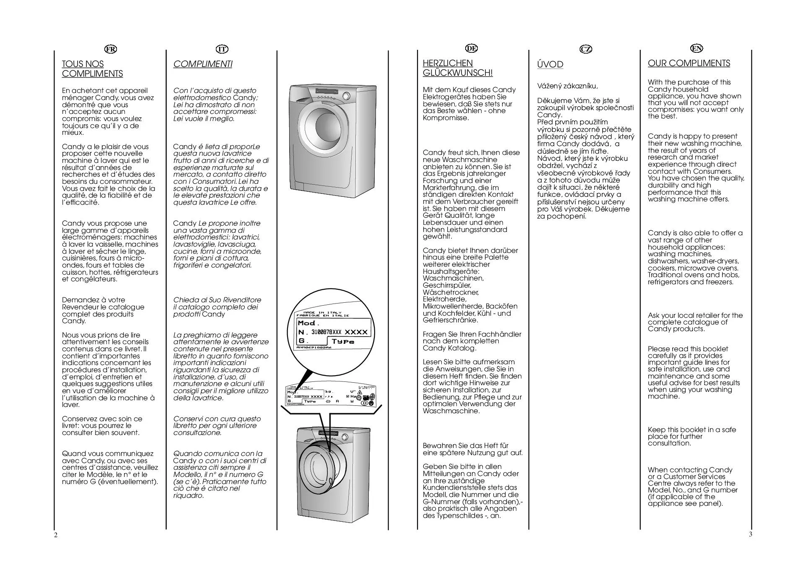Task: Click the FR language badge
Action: coord(111,49)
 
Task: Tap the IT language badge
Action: coord(222,49)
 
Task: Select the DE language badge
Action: coord(472,48)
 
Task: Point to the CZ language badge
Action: coord(586,49)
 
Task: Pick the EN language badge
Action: coord(697,48)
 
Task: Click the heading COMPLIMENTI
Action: coord(202,64)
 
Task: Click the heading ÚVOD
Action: coord(550,64)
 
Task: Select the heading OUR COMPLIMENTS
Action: coord(689,63)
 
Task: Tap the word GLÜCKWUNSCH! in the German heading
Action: coord(458,73)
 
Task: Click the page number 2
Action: coord(56,535)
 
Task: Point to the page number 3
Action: coord(750,534)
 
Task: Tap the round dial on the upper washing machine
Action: coord(346,96)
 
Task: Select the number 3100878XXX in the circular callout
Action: coord(326,332)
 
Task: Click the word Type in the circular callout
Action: coord(343,341)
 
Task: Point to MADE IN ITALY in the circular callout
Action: coord(322,312)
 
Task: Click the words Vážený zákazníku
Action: coord(567,86)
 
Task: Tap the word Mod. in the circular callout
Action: coord(308,323)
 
